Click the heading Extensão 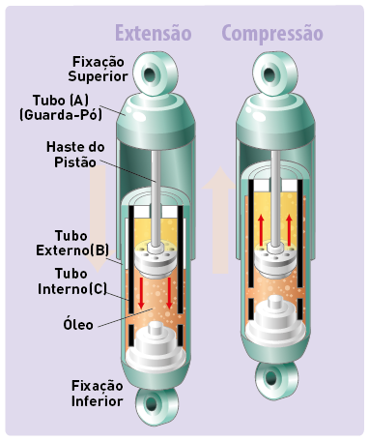[x=154, y=33]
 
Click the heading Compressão [x=272, y=34]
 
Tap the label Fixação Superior [x=98, y=69]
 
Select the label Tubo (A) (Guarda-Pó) [x=61, y=107]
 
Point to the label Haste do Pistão [x=75, y=155]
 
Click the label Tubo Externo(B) [x=72, y=243]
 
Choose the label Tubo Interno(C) [x=72, y=281]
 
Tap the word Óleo [x=78, y=324]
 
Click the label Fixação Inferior [x=97, y=394]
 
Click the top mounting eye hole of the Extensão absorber [x=150, y=74]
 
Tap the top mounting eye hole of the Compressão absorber [x=270, y=74]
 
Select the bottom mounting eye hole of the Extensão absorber [x=151, y=403]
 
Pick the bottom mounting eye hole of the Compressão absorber [x=271, y=377]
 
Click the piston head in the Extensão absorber [x=156, y=260]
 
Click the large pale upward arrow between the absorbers [x=220, y=220]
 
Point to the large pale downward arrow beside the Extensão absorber [x=98, y=219]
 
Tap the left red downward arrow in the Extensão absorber [x=141, y=293]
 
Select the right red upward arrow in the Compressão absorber [x=289, y=230]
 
